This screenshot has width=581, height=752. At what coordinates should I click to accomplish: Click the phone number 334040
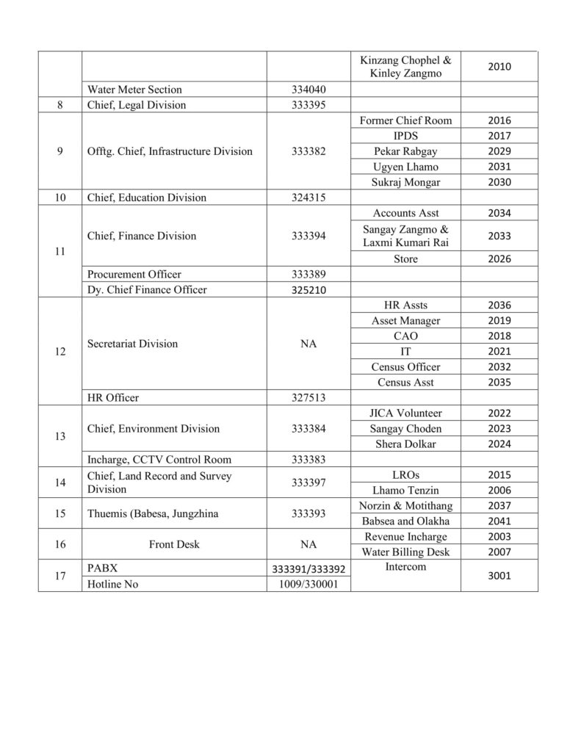coord(308,90)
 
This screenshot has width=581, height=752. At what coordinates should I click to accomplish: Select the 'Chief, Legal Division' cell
coord(137,105)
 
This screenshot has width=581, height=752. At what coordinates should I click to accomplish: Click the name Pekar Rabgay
coord(405,151)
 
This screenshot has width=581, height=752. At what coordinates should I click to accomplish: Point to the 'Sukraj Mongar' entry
coord(405,182)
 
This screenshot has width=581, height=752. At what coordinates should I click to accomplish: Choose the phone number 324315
coord(308,198)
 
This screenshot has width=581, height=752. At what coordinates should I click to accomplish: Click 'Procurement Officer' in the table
coord(134,275)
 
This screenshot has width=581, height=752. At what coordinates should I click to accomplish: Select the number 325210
coord(308,290)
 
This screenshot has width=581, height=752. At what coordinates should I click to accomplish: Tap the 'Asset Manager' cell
coord(405,321)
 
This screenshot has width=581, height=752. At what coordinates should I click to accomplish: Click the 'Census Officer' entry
coord(405,367)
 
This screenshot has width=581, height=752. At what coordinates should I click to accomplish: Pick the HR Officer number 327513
coord(308,398)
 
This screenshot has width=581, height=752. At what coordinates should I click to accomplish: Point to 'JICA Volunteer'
coord(405,413)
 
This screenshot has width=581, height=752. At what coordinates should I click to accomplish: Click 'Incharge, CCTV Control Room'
coord(159,460)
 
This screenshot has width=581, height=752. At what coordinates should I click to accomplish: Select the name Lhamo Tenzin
coord(405,491)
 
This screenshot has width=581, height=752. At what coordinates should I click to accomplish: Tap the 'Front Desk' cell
coord(173,545)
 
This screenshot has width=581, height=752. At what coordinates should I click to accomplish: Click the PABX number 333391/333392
coord(308,569)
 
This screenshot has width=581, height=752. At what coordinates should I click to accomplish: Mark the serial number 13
coord(59,436)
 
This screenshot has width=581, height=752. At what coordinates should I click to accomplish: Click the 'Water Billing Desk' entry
coord(405,552)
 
